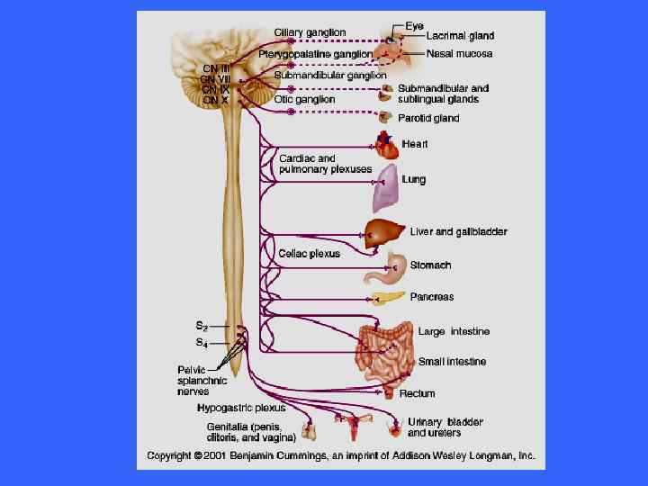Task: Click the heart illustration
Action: [384, 145]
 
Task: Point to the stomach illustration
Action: [397, 265]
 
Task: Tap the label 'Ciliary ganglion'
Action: [310, 33]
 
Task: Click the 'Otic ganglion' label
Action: [304, 100]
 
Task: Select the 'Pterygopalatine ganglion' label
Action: [315, 55]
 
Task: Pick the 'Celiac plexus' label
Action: [309, 254]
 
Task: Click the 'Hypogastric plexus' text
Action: [241, 408]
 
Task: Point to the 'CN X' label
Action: [215, 100]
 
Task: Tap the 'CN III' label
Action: [216, 67]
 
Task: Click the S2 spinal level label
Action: [202, 325]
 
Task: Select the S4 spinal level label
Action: [202, 343]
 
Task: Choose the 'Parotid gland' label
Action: [428, 118]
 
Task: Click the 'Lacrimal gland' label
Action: [460, 37]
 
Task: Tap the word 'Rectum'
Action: [417, 393]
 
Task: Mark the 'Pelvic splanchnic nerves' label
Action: [202, 380]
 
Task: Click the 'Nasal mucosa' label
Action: [458, 54]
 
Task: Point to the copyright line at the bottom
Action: [341, 455]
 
